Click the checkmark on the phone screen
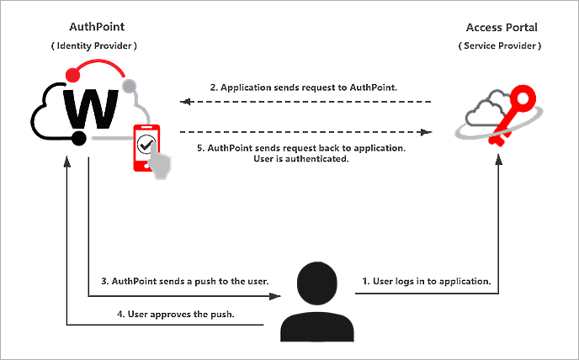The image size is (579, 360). click(146, 143)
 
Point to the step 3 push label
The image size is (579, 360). click(178, 280)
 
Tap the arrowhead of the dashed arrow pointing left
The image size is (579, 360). click(185, 103)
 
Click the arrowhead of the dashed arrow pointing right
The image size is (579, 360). click(427, 132)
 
